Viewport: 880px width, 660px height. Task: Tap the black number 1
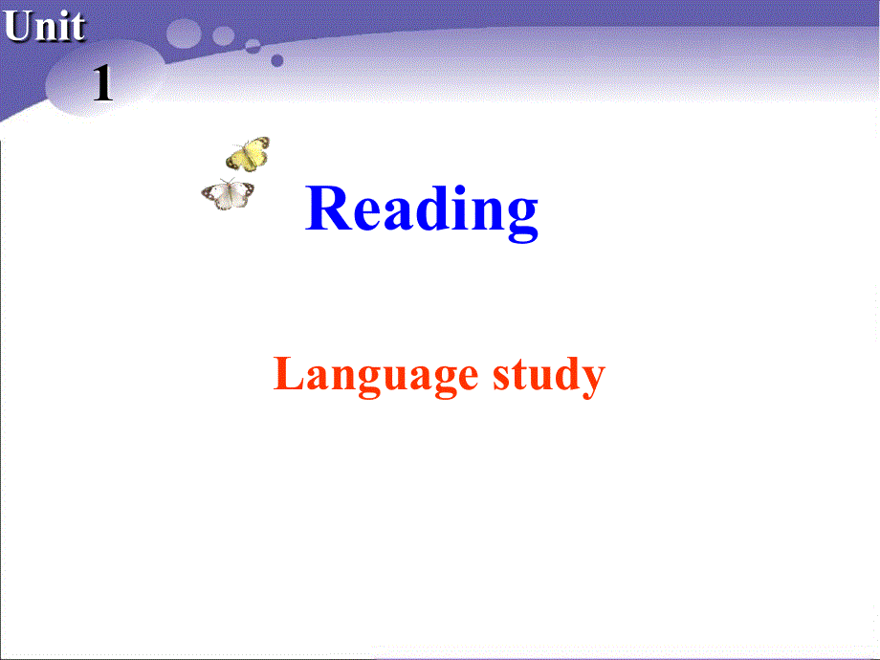coord(102,86)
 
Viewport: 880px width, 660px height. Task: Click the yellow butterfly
coord(248,154)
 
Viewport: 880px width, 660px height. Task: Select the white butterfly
coord(229,194)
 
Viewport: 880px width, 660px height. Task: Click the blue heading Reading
coord(422,209)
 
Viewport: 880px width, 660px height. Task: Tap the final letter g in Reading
coord(517,218)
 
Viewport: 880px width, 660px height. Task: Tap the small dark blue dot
coord(276,59)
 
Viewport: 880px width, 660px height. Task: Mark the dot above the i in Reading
coord(455,188)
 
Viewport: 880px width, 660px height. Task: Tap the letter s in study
coord(503,378)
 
